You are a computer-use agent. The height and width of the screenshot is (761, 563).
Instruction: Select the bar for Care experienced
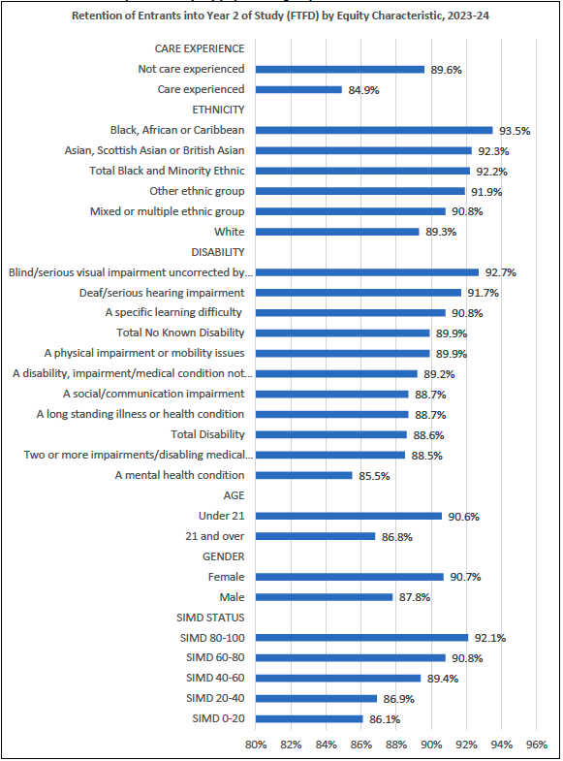pos(298,89)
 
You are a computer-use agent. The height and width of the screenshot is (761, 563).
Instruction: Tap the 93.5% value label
pos(513,130)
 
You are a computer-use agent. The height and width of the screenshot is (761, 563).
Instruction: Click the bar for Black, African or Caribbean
pos(374,130)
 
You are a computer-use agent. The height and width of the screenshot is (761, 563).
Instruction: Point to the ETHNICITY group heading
pos(218,110)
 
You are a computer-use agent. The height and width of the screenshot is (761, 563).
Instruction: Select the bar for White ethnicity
pos(337,232)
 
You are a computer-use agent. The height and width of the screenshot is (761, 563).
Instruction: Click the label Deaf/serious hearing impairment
pos(162,293)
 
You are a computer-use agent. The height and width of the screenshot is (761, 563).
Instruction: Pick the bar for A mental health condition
pos(303,475)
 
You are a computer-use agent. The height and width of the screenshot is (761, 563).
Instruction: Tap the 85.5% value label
pos(373,475)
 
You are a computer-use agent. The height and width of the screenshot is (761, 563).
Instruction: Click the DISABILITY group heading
pos(218,252)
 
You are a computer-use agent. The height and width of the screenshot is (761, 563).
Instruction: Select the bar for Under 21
pos(348,516)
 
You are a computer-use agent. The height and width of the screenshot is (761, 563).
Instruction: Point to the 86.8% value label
pos(395,536)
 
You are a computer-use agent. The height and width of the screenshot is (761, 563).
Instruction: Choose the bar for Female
pos(349,577)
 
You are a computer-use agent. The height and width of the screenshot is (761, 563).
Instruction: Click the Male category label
pos(231,597)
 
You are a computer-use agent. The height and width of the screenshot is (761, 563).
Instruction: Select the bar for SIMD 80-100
pos(361,638)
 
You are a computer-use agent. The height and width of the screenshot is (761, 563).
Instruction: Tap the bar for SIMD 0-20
pos(309,718)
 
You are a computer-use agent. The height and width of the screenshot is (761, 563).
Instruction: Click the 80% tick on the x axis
pos(256,745)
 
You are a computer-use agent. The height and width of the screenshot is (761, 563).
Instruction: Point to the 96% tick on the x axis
pos(536,745)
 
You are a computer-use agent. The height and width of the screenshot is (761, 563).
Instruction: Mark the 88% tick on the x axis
pos(395,745)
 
